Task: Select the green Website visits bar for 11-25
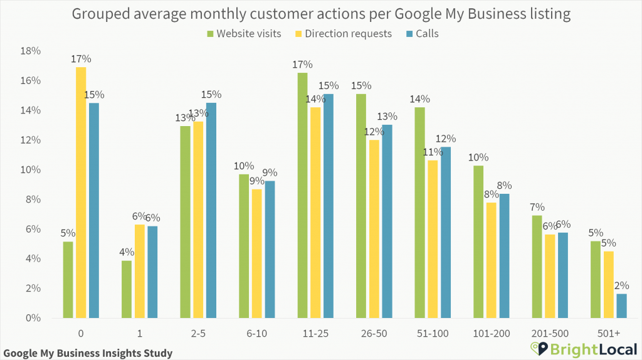click(x=302, y=196)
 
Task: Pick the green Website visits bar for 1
click(x=127, y=289)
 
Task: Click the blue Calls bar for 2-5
click(x=211, y=211)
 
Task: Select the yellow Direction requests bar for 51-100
click(x=432, y=240)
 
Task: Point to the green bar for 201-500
click(x=537, y=267)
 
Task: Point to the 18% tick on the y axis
click(x=31, y=51)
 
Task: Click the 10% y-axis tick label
click(x=31, y=170)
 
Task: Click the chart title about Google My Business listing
click(x=321, y=13)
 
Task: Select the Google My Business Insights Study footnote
click(x=88, y=352)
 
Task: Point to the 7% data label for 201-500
click(x=537, y=207)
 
